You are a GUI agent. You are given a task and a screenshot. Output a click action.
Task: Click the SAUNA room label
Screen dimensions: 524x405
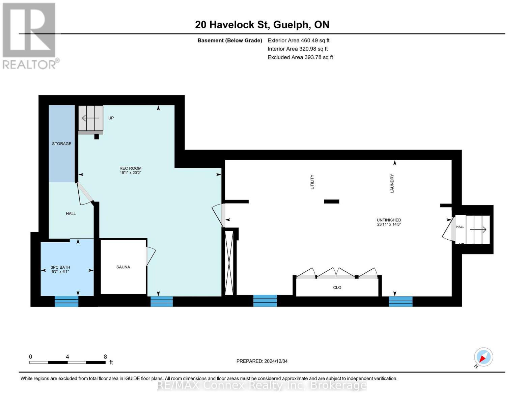pyautogui.click(x=123, y=267)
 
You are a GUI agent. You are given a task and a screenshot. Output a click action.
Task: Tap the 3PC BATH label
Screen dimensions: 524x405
pyautogui.click(x=60, y=267)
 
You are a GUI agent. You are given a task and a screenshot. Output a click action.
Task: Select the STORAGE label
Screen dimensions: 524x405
pyautogui.click(x=61, y=143)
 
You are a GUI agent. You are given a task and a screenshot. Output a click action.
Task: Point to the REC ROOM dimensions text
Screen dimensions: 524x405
pyautogui.click(x=130, y=173)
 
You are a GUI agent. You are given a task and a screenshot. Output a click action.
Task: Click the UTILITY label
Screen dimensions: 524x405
pyautogui.click(x=312, y=182)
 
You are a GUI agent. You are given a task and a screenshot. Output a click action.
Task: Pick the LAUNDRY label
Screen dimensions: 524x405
pyautogui.click(x=392, y=183)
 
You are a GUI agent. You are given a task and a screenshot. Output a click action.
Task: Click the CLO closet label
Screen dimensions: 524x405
pyautogui.click(x=337, y=287)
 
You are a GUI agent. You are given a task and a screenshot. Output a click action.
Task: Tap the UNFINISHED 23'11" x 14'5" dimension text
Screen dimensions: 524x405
pyautogui.click(x=389, y=224)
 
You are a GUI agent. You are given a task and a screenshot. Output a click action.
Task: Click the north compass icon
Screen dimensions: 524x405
pyautogui.click(x=483, y=357)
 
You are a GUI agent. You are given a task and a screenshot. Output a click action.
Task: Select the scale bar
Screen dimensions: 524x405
pyautogui.click(x=67, y=362)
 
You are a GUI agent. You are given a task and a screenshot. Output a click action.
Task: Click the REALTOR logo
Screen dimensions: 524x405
pyautogui.click(x=29, y=36)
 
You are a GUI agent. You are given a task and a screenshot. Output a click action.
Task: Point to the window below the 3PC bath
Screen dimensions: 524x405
pyautogui.click(x=66, y=301)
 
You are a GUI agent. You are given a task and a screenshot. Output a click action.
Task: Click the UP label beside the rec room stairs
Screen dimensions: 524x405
pyautogui.click(x=111, y=118)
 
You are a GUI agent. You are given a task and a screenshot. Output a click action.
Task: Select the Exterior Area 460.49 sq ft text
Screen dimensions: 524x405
pyautogui.click(x=298, y=40)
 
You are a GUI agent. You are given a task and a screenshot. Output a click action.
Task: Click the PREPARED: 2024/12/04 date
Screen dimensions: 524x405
pyautogui.click(x=262, y=361)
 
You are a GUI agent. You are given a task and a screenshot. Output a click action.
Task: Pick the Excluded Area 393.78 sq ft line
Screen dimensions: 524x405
pyautogui.click(x=300, y=57)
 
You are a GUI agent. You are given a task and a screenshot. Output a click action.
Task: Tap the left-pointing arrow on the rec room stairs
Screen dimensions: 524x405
pyautogui.click(x=90, y=118)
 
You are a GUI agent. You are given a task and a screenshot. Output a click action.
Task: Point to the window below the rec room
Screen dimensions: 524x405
pyautogui.click(x=162, y=301)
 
